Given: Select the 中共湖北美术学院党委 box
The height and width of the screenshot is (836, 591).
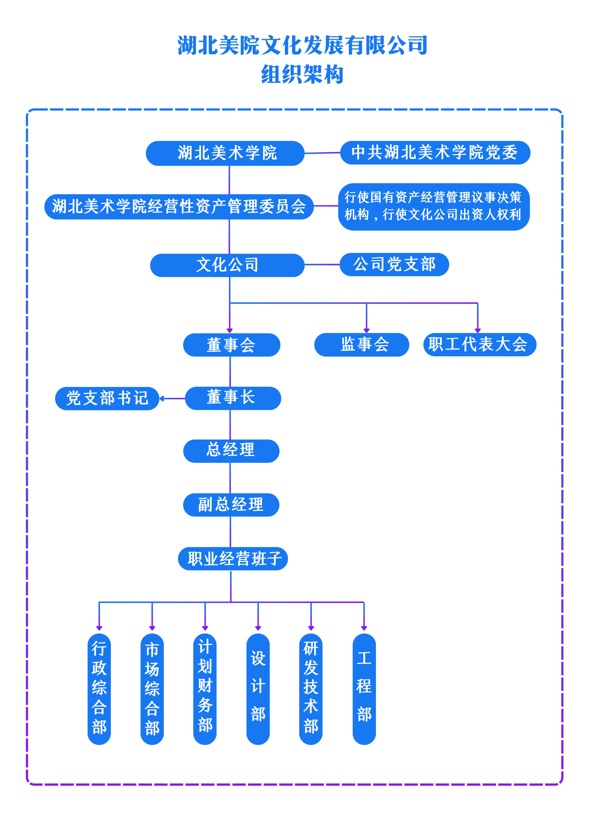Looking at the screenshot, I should [435, 152].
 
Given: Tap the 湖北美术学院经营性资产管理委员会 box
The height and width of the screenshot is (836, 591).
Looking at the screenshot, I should [179, 206].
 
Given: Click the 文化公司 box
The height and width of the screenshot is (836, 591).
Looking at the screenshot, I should [227, 265].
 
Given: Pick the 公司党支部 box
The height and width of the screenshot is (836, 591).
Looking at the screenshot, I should [394, 264].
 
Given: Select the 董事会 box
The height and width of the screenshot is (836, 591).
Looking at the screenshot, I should [231, 345].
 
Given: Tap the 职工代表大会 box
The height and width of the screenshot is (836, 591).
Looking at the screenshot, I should [479, 344].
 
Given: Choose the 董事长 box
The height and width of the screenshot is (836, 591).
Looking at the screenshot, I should [233, 398].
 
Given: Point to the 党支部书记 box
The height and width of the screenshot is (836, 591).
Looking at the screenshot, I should [107, 398].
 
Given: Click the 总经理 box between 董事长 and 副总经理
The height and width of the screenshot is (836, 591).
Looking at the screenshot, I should [231, 451].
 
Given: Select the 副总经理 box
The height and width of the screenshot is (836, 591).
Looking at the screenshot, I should [231, 505].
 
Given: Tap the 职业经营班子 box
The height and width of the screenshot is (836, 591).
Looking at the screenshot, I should [233, 559].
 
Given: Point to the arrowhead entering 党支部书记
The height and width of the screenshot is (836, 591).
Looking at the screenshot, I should [162, 399].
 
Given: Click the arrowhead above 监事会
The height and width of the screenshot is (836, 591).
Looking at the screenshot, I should [366, 330].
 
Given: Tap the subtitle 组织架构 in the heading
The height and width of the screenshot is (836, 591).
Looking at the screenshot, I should [302, 74].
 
